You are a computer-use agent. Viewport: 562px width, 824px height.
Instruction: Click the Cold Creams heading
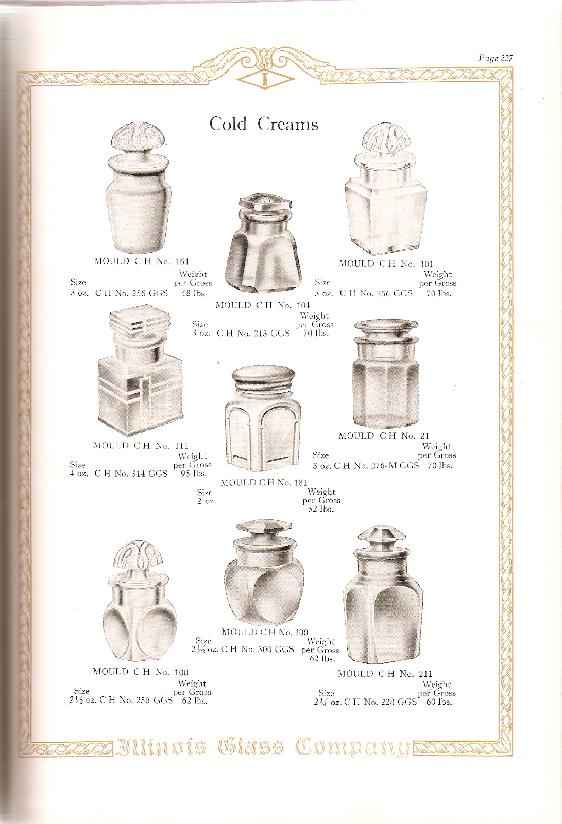(x=264, y=124)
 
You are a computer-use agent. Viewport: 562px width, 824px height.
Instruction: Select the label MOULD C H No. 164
(x=142, y=261)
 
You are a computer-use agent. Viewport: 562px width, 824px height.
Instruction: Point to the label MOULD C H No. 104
(x=263, y=305)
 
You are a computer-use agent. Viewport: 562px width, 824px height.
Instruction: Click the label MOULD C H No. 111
(x=141, y=446)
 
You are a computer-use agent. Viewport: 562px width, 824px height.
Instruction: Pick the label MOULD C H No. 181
(x=264, y=483)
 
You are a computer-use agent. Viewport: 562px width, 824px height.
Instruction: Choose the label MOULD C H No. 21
(x=384, y=436)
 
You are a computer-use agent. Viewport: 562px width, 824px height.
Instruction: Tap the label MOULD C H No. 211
(x=385, y=674)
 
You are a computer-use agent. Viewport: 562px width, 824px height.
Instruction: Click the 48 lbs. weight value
(x=194, y=293)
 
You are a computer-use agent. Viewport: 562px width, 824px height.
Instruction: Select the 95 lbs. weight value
(x=193, y=473)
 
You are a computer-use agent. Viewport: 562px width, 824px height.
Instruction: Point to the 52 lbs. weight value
(x=321, y=509)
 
